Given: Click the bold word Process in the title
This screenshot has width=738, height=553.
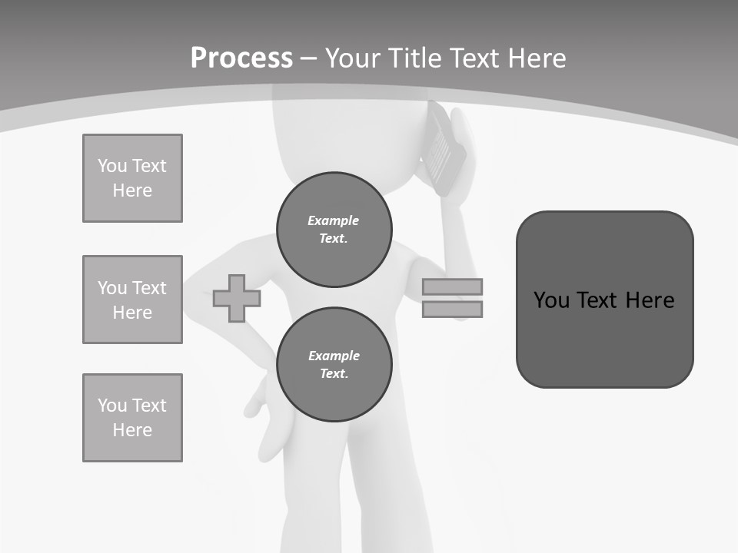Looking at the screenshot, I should [241, 58].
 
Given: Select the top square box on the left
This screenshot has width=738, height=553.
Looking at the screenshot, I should [132, 178].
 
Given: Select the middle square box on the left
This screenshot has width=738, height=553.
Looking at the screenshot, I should [132, 300].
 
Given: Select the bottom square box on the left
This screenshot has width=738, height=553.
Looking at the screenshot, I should [132, 418].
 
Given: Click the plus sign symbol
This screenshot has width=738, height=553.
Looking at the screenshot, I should [237, 298].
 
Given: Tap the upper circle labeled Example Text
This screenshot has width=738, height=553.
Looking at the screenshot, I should [334, 229].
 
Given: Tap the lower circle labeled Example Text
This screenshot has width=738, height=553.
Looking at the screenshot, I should [334, 364].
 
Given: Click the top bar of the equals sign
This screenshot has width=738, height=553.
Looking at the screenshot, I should [452, 286].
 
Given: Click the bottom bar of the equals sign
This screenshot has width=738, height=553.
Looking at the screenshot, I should [452, 310].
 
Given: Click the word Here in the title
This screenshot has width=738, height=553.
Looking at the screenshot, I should [538, 58].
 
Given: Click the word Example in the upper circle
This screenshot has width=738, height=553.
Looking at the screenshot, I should [334, 220].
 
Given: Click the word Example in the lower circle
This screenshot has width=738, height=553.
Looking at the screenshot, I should [334, 356].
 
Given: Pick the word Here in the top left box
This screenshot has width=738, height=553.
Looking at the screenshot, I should [132, 190].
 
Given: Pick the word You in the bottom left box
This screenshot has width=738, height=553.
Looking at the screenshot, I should [112, 405].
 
